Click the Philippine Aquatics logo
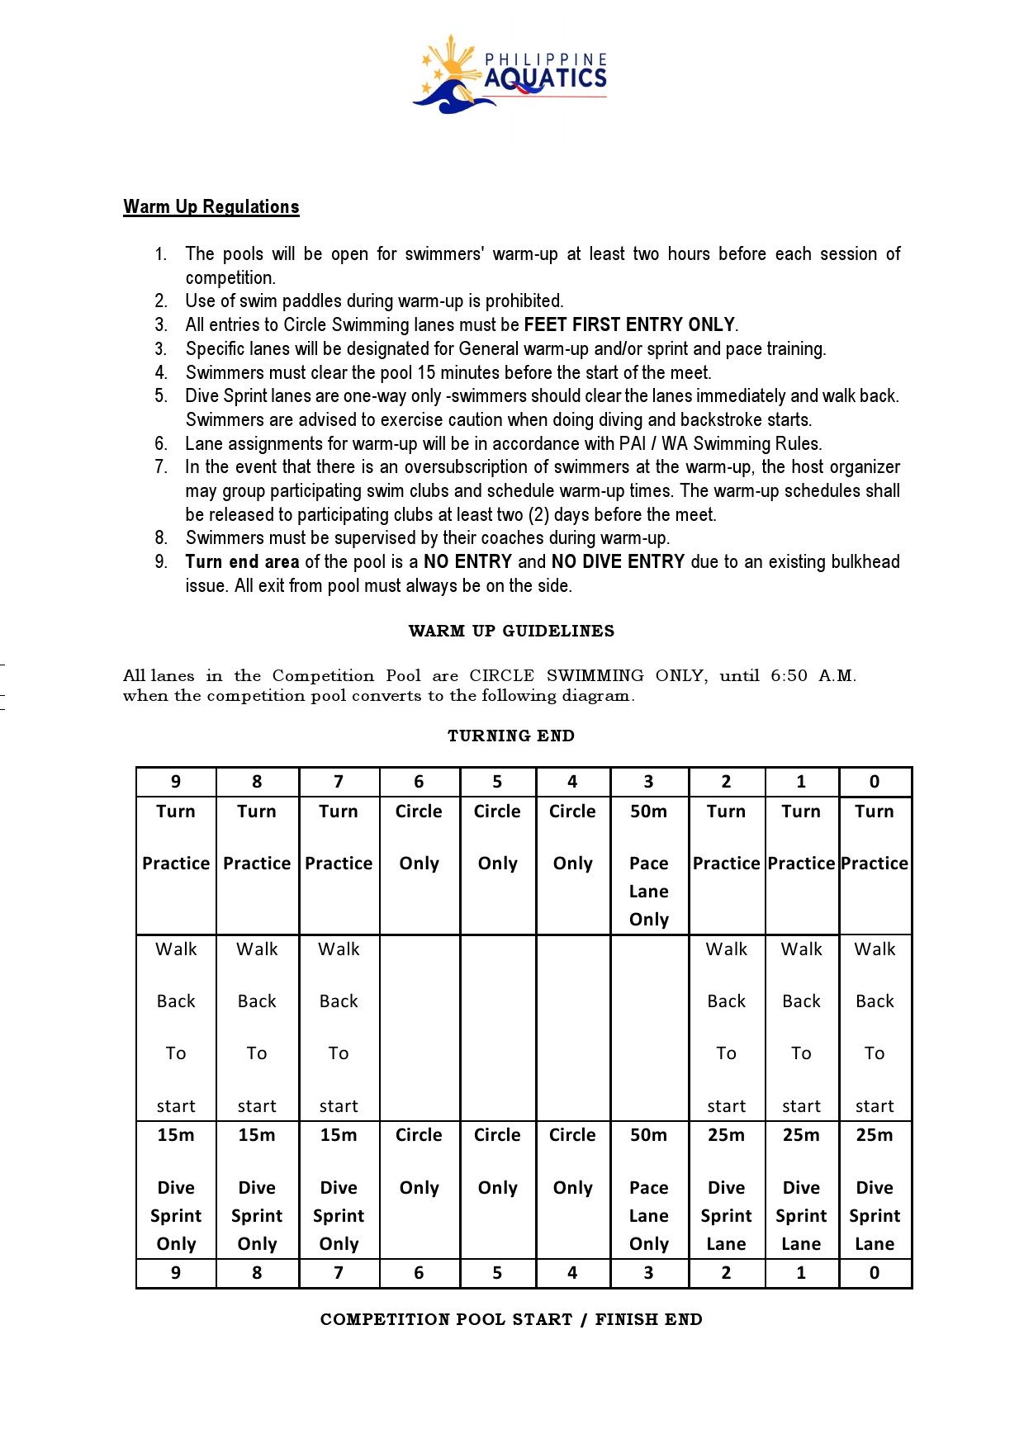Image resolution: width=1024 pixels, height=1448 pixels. (510, 75)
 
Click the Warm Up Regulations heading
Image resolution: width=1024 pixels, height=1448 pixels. (211, 206)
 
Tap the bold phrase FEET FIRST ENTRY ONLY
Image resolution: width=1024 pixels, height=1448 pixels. (629, 324)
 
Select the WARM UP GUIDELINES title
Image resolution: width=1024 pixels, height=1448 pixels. (511, 632)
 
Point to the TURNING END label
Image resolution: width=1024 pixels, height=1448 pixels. (511, 736)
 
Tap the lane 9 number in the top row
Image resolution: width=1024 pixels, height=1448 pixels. (176, 782)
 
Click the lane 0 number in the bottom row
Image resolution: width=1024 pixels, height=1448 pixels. (875, 1273)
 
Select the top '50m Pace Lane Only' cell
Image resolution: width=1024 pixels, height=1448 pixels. (649, 864)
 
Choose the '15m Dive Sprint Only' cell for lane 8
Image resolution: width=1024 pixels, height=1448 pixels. (257, 1189)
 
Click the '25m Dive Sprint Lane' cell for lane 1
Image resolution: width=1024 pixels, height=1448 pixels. (801, 1189)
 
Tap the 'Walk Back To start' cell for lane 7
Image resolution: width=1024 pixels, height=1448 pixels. (339, 1027)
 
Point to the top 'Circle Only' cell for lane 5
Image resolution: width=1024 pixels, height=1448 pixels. (497, 837)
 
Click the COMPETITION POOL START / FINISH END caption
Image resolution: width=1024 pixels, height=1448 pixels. (511, 1319)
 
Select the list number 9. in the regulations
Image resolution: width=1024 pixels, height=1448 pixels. (161, 562)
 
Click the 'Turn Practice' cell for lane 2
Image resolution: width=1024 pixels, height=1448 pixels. (726, 837)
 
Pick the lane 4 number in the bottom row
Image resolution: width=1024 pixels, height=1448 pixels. (572, 1273)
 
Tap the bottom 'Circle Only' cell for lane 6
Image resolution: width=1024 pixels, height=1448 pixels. (419, 1162)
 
